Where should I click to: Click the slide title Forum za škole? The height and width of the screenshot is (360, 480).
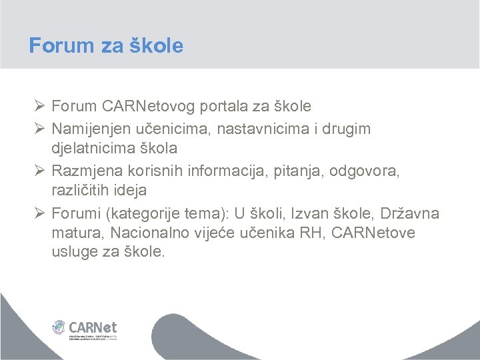[x=106, y=45]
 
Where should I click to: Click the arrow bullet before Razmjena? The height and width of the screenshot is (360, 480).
[x=38, y=170]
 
